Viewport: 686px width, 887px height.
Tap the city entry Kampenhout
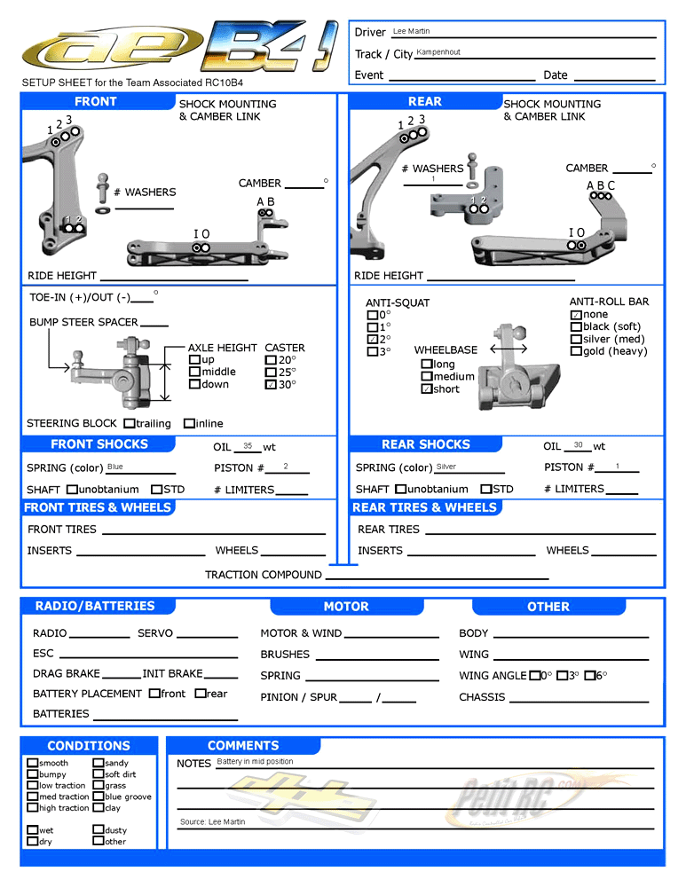(x=438, y=52)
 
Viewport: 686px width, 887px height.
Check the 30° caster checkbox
(x=271, y=385)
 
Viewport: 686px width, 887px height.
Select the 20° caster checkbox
(x=271, y=360)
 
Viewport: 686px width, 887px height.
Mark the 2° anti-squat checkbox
(x=373, y=340)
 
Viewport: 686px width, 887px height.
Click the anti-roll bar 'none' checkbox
(x=576, y=315)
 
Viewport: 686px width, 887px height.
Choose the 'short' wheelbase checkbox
(x=427, y=389)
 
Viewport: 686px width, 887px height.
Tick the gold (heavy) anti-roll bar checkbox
(x=576, y=351)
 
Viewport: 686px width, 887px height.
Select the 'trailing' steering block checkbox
(x=130, y=424)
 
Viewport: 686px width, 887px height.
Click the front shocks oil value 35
(x=248, y=446)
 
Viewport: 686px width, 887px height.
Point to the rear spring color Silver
(x=446, y=467)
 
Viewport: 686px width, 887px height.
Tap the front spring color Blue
(x=115, y=467)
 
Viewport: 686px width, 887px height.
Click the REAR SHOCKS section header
(x=425, y=444)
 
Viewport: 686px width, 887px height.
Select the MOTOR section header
(x=346, y=607)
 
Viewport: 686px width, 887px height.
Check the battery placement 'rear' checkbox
(x=200, y=694)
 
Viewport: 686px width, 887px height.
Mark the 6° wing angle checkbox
(x=589, y=676)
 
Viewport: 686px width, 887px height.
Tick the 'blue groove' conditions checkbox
(x=98, y=797)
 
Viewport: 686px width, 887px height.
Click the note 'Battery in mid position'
(x=255, y=762)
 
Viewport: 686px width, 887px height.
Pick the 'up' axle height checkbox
(x=194, y=360)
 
